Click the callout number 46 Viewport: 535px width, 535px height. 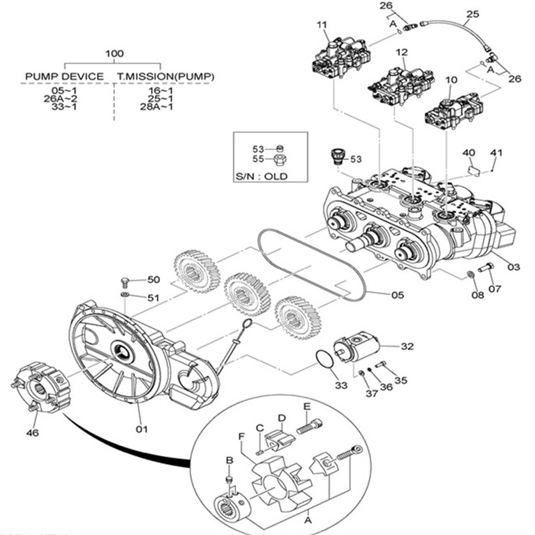pyautogui.click(x=32, y=433)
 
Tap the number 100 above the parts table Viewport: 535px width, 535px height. pyautogui.click(x=115, y=53)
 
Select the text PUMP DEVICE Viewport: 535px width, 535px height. pyautogui.click(x=64, y=76)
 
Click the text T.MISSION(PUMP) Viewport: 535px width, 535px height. pyautogui.click(x=166, y=76)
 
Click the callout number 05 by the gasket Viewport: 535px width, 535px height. pyautogui.click(x=398, y=294)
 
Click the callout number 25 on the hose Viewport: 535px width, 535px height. pyautogui.click(x=473, y=13)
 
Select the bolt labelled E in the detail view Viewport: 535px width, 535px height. pyautogui.click(x=310, y=424)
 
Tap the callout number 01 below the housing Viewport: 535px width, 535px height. pyautogui.click(x=141, y=429)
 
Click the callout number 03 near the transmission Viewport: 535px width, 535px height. pyautogui.click(x=514, y=267)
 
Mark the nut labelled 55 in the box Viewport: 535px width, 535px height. pyautogui.click(x=280, y=159)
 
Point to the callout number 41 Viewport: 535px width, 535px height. pyautogui.click(x=496, y=153)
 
